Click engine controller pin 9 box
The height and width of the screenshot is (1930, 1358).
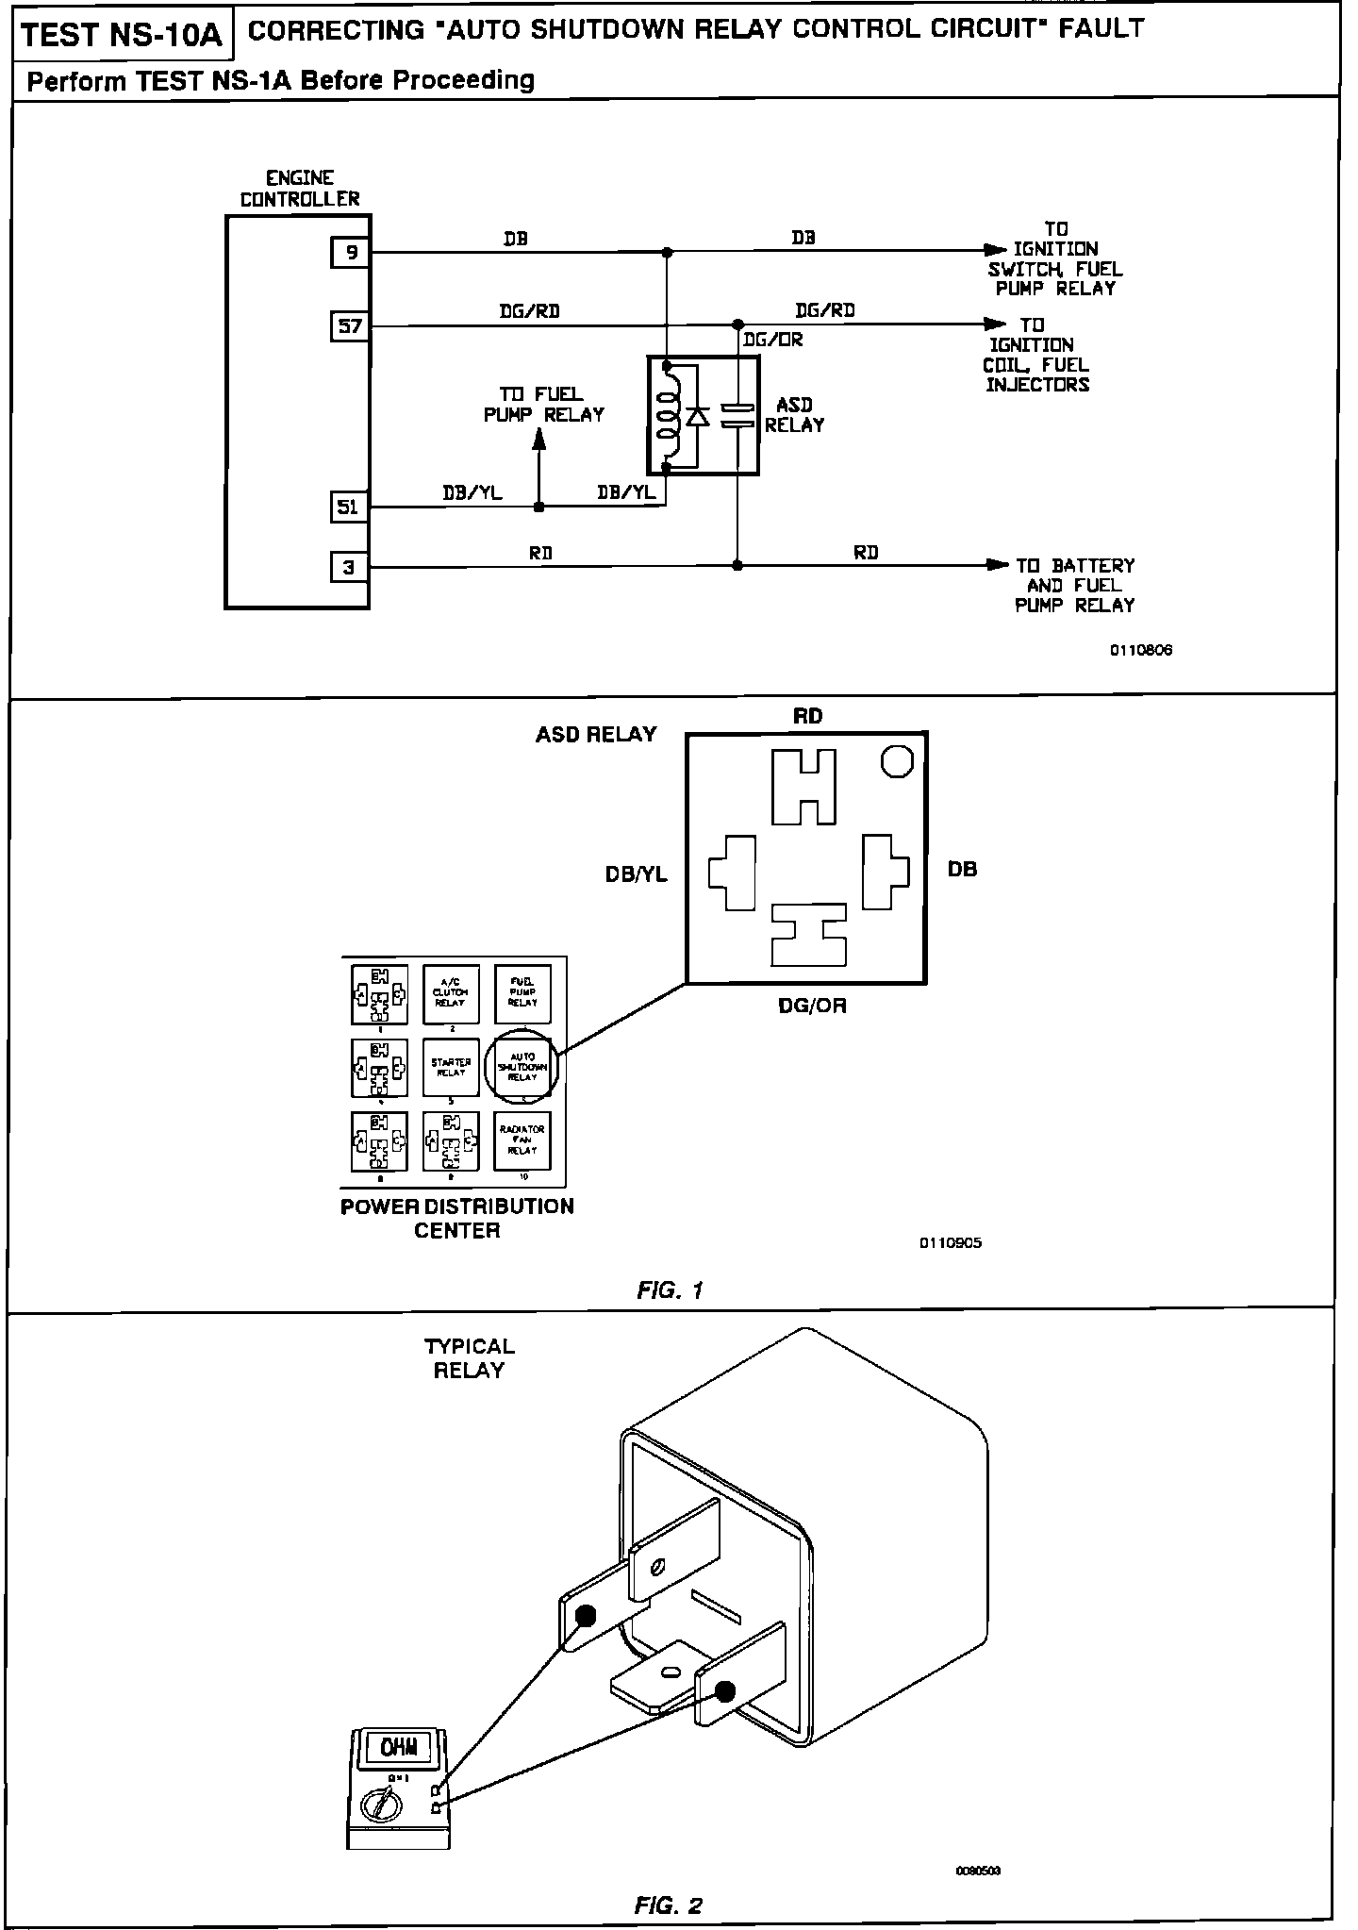[350, 252]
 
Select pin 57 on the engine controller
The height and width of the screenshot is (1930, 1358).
[350, 326]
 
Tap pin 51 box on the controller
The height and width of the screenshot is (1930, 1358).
[349, 507]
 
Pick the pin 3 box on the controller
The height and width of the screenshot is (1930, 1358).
[349, 567]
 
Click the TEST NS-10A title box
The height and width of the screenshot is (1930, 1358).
[121, 36]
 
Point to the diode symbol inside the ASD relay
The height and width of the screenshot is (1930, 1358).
[698, 416]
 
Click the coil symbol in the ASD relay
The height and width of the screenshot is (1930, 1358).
[668, 415]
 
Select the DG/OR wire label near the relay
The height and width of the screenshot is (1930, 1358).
[772, 341]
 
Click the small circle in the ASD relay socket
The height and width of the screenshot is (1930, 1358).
[897, 760]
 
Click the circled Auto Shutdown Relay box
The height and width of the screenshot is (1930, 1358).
[522, 1067]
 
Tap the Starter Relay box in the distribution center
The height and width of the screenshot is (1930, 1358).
[451, 1067]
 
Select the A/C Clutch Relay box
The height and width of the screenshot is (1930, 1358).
[451, 994]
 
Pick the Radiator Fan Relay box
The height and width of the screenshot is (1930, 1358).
[522, 1140]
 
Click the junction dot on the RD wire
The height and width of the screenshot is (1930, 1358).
[737, 566]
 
